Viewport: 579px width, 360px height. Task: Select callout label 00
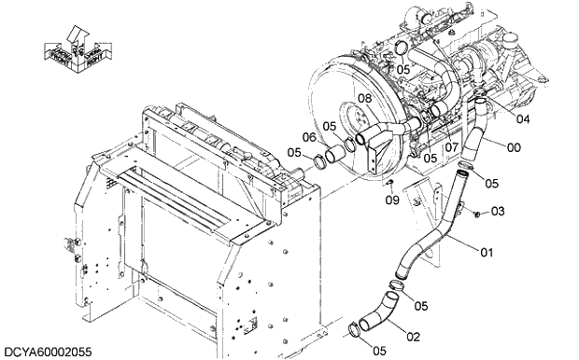pos(514,146)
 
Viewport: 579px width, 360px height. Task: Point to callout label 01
pos(487,252)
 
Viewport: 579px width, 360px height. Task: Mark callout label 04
pos(497,118)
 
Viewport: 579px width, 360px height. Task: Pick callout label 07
pos(450,146)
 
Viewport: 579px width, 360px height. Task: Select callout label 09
pos(392,199)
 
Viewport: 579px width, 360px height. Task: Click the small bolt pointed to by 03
pos(476,215)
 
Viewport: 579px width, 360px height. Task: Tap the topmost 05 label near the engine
pos(402,68)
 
